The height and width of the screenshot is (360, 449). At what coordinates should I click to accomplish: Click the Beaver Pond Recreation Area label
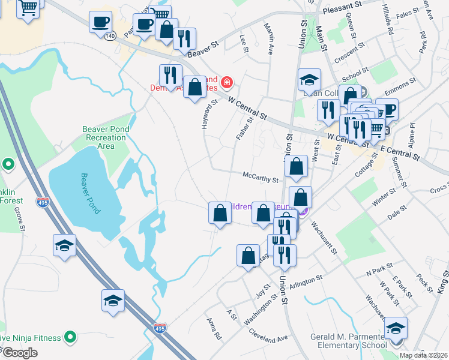[x=105, y=137]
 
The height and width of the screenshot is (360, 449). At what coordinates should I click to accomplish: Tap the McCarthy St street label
[x=261, y=179]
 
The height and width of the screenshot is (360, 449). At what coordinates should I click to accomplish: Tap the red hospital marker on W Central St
[x=227, y=82]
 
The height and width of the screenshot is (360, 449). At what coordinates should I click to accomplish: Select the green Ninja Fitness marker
[x=70, y=337]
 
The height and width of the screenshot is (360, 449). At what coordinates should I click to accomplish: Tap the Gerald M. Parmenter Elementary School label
[x=348, y=341]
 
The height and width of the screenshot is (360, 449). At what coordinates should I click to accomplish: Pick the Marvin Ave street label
[x=270, y=37]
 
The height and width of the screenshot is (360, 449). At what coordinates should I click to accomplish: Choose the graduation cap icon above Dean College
[x=309, y=79]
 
